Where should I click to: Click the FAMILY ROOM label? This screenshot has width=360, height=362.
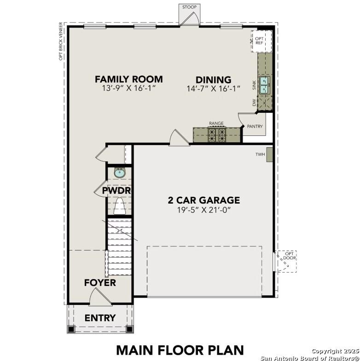pos(128,79)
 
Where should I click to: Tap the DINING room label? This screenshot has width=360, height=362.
pos(213,80)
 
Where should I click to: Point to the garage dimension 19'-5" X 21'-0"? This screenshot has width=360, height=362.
pos(203,210)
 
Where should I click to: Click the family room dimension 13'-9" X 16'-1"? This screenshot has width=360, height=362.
pos(128,89)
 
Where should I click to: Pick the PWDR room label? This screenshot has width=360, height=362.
pos(117,190)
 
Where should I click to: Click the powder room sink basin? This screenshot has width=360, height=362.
pos(120,173)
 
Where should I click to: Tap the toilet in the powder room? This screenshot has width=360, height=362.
pos(120,206)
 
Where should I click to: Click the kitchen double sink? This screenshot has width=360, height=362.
pos(264,85)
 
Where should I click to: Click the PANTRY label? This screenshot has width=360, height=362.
pos(255,126)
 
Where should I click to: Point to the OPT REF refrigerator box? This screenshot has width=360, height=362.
pos(261,41)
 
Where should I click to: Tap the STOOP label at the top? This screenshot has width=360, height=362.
pos(189,7)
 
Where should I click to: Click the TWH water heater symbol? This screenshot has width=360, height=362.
pos(270,155)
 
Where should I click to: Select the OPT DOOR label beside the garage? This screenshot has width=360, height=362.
pos(289,256)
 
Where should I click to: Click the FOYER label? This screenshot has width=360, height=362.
pos(100,283)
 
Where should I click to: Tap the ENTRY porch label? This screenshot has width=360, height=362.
pos(100,318)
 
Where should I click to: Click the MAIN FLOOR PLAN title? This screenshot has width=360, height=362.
pos(180,350)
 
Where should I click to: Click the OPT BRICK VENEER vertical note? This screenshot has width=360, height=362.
pos(60,41)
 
